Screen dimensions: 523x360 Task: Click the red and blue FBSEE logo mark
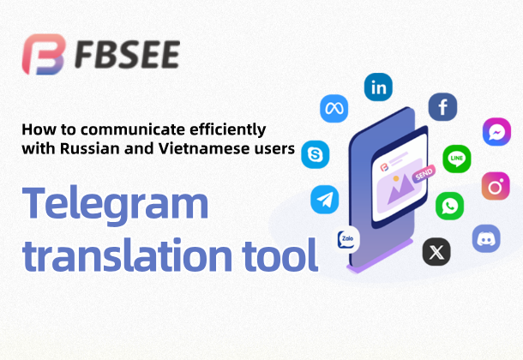click(x=44, y=54)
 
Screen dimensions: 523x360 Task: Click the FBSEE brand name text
click(x=128, y=55)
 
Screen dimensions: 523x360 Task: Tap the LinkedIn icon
click(x=378, y=87)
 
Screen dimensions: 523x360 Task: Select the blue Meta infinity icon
click(x=334, y=109)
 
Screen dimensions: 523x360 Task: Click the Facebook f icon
click(x=442, y=106)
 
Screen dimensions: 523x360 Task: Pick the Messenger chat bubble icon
click(x=496, y=132)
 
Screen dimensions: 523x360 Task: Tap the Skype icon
click(x=316, y=154)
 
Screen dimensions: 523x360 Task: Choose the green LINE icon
click(x=457, y=159)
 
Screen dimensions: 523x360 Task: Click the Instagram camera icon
click(x=496, y=186)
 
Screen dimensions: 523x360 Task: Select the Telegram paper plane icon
click(x=325, y=200)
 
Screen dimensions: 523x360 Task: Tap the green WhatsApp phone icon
click(x=449, y=206)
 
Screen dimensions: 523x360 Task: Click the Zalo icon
click(x=347, y=239)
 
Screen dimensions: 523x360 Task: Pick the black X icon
click(x=436, y=252)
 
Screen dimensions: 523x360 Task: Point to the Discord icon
click(x=486, y=238)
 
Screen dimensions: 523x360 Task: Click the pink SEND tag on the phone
click(x=424, y=174)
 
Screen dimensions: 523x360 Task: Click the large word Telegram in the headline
click(x=115, y=204)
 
